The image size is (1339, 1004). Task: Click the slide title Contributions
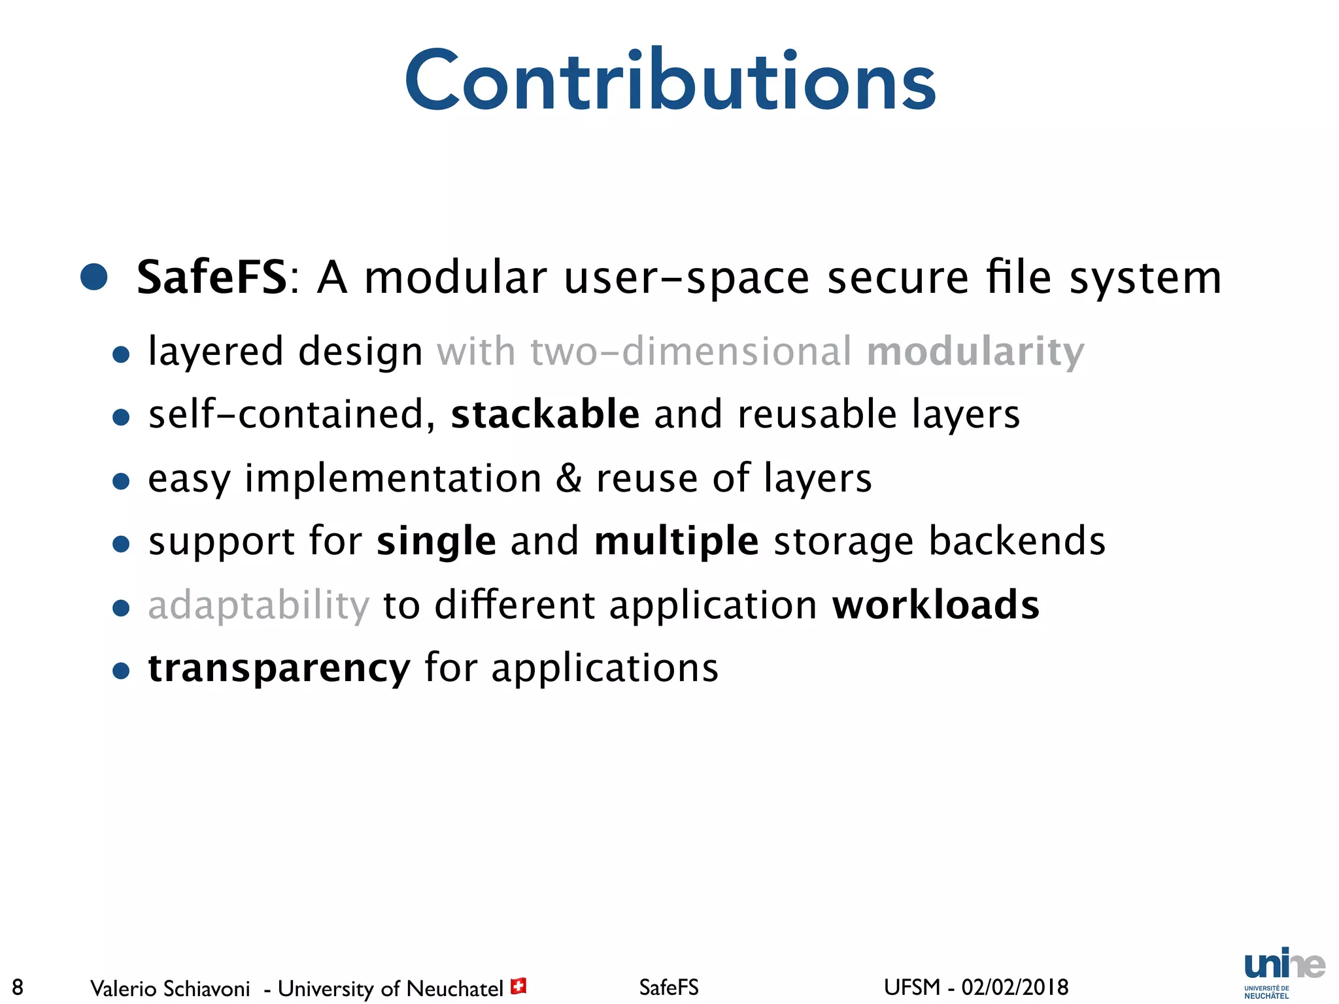click(x=670, y=82)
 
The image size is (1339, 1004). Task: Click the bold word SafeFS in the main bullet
click(x=211, y=278)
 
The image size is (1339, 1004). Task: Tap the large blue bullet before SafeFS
click(x=94, y=277)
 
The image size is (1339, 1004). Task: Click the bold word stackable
click(x=545, y=414)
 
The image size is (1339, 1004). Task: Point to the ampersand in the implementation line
click(x=568, y=478)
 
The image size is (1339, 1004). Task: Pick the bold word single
click(x=436, y=541)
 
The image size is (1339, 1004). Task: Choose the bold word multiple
click(x=676, y=541)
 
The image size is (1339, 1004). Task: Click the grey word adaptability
click(x=259, y=605)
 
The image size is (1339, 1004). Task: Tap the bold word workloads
click(x=935, y=605)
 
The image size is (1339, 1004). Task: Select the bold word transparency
click(x=279, y=668)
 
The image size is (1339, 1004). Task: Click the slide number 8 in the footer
click(x=18, y=987)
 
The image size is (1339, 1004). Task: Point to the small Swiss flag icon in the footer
click(x=518, y=986)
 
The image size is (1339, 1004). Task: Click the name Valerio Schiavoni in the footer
click(x=170, y=988)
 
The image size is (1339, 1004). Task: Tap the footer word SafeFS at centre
click(x=668, y=987)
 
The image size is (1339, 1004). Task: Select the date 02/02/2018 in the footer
click(x=1015, y=987)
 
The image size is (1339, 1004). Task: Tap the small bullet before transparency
click(x=121, y=671)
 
